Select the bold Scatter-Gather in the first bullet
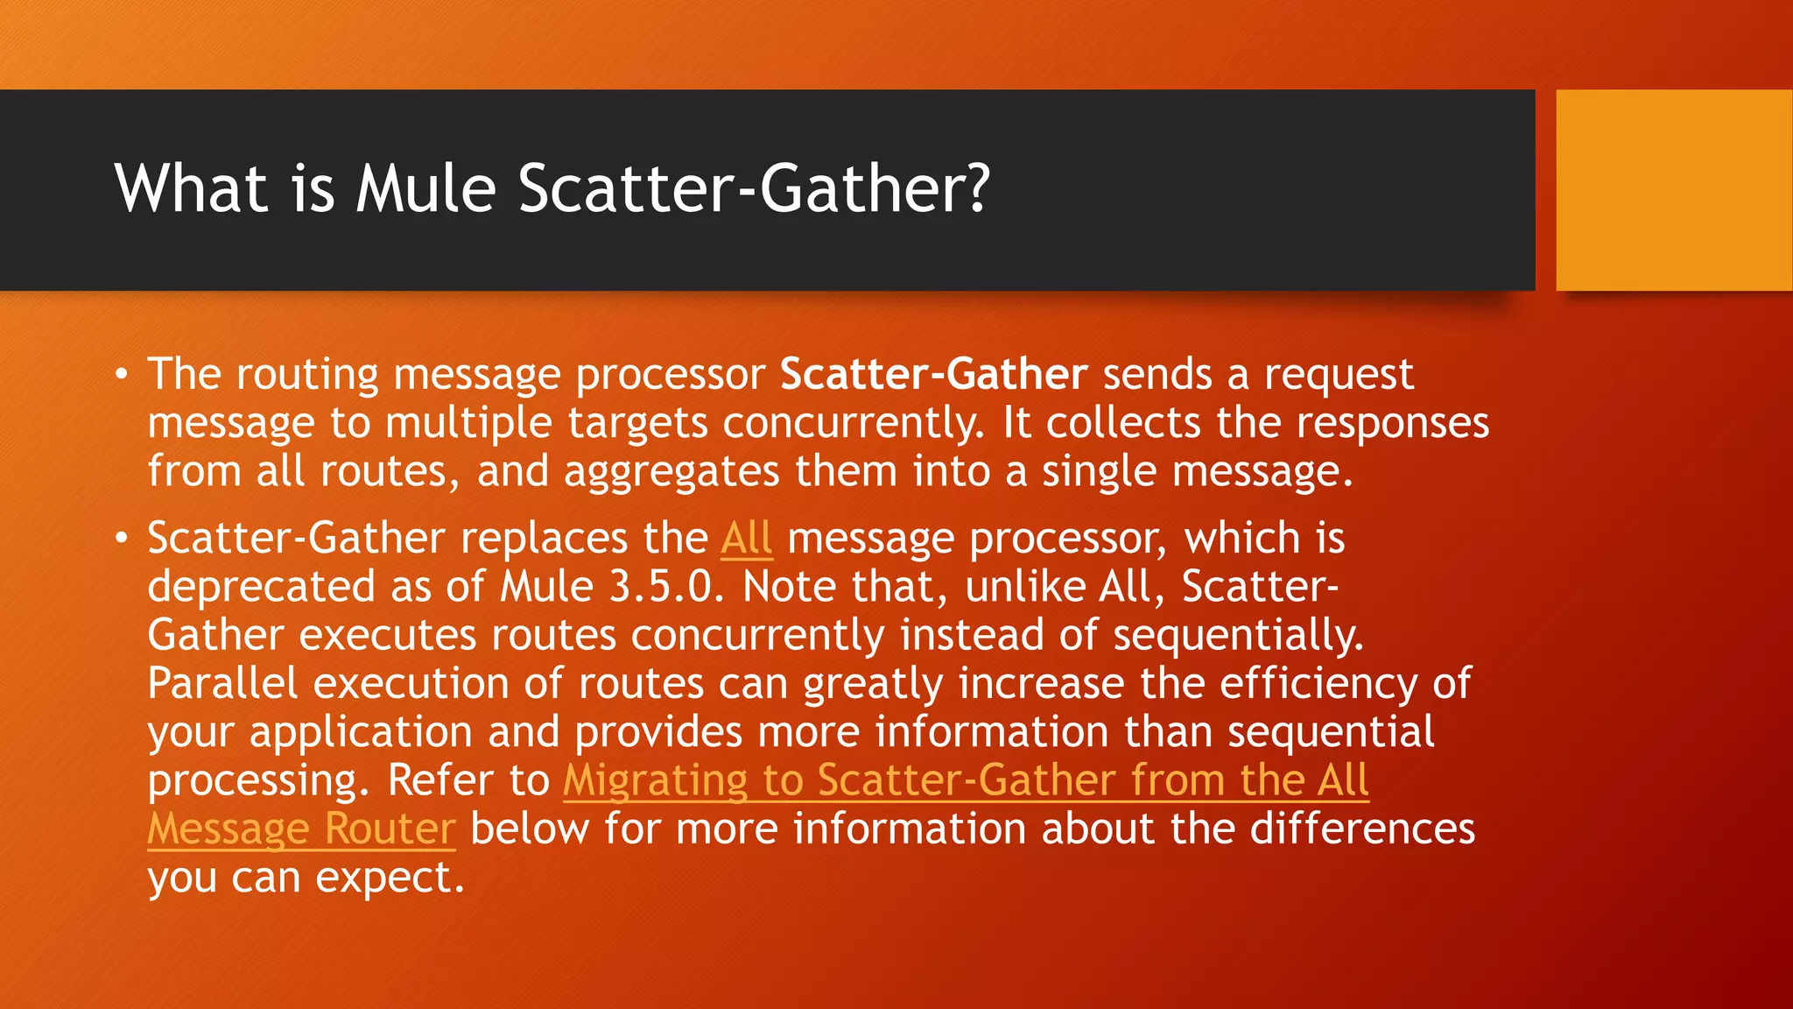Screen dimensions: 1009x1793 pos(934,374)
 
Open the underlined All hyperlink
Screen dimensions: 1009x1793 pos(746,538)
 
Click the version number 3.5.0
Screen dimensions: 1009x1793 pos(666,586)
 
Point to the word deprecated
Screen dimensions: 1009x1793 pos(261,587)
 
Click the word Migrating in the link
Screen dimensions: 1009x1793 pos(655,780)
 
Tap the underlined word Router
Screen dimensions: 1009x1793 pos(390,829)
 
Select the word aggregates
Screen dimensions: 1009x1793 pos(671,471)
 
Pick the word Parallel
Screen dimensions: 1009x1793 pos(222,683)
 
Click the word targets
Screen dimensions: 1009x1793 pos(637,423)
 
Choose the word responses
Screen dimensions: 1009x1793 pos(1392,423)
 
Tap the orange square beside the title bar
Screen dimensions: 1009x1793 pos(1673,190)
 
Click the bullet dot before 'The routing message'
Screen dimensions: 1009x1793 pos(122,375)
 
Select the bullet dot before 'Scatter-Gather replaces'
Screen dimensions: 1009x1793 pos(122,538)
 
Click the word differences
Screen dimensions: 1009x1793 pos(1362,829)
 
